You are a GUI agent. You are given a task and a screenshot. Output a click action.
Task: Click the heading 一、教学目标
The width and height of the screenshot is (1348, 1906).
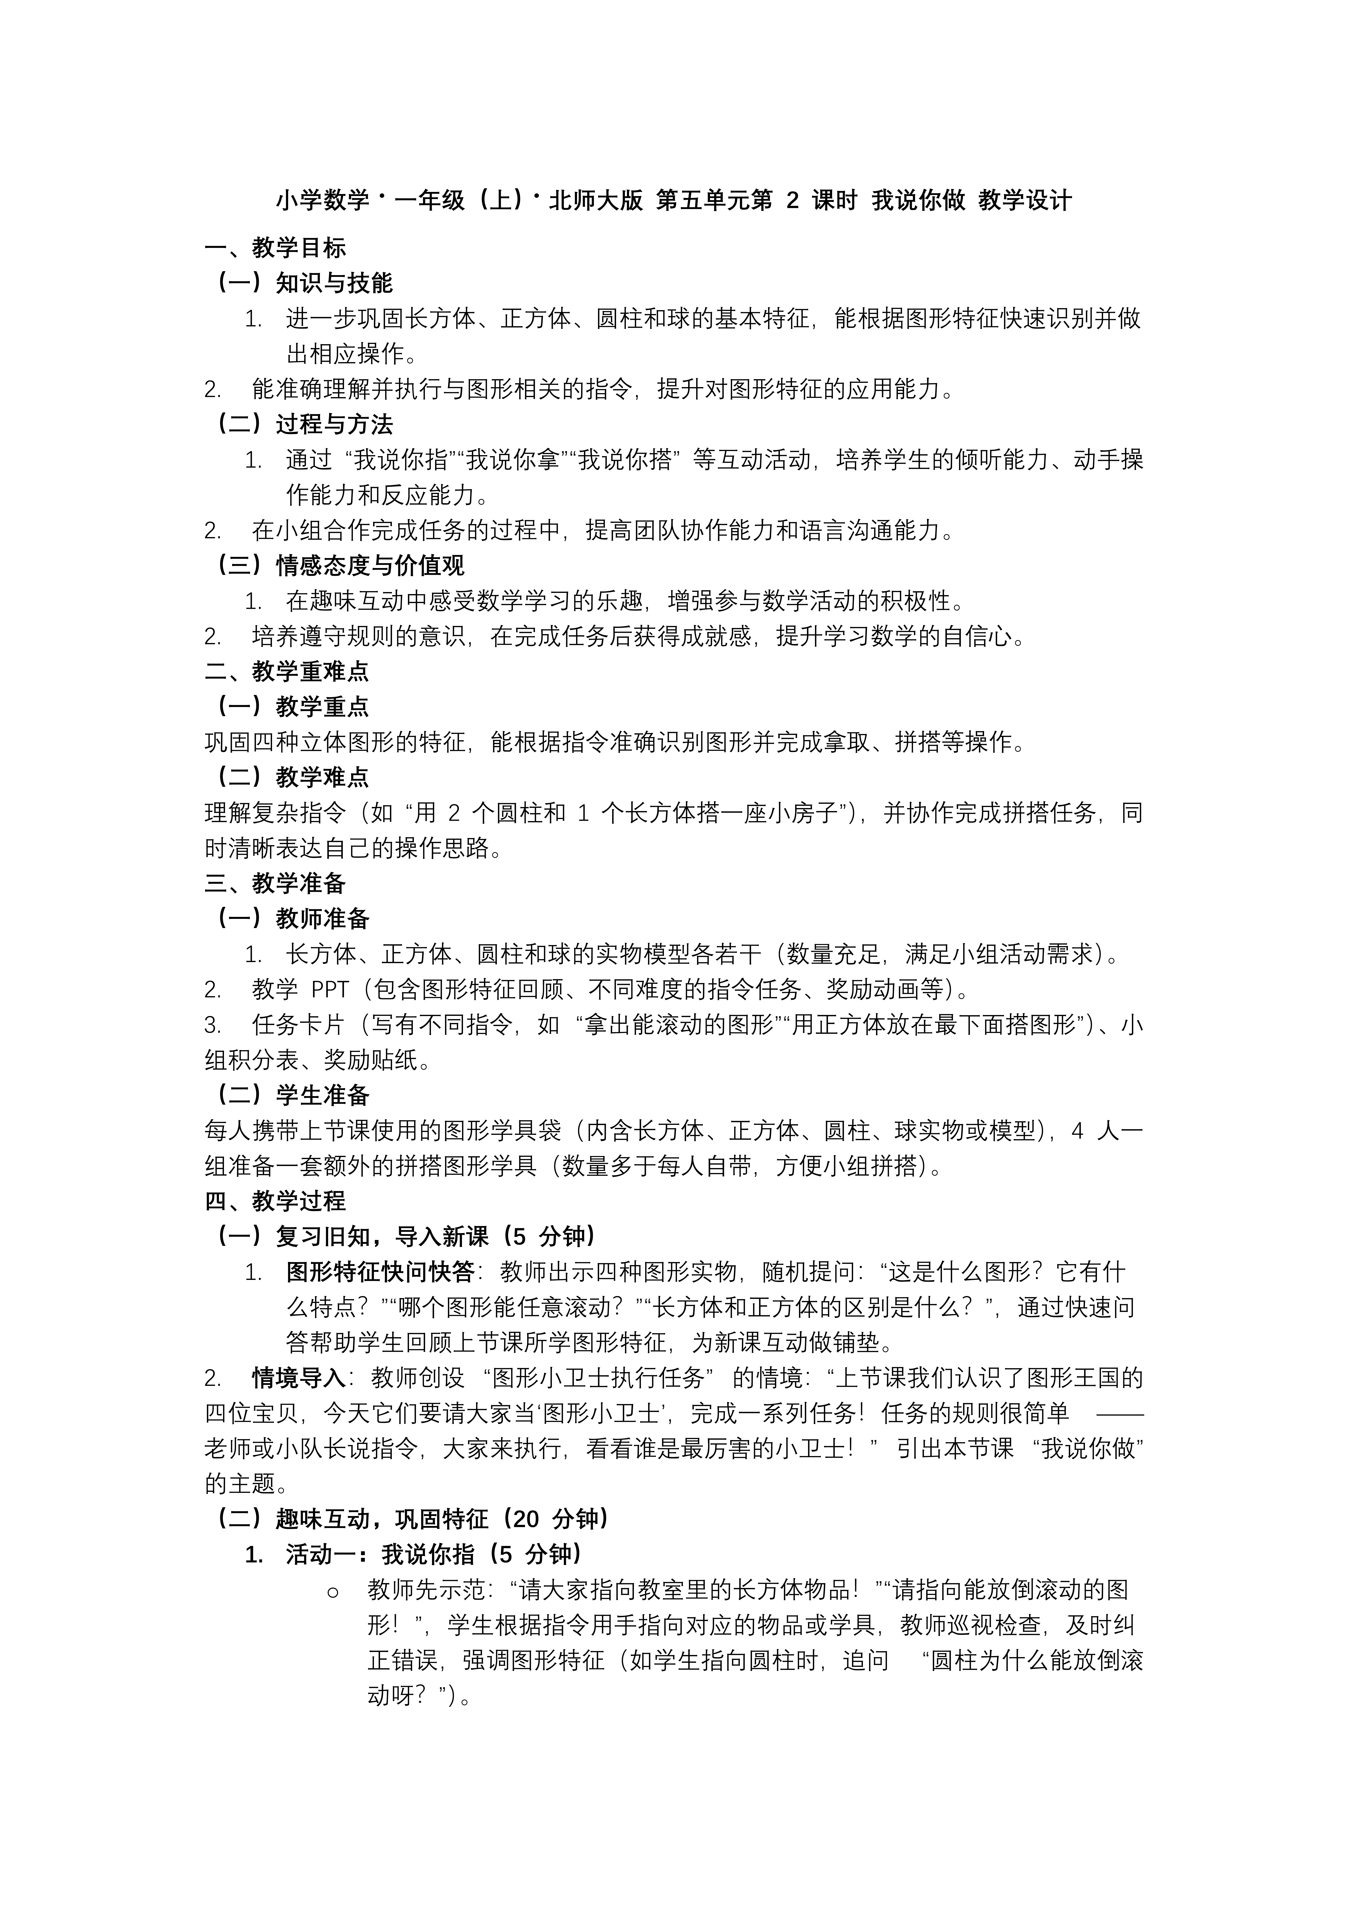click(276, 247)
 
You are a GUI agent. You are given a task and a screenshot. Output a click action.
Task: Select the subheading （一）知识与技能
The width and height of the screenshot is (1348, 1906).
click(304, 283)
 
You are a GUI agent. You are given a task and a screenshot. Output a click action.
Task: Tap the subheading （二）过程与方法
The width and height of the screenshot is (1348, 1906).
click(304, 424)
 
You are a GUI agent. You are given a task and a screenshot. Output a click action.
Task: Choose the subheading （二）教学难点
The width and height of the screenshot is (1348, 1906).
click(292, 777)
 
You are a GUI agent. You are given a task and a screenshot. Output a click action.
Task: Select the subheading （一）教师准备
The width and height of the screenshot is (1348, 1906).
click(292, 918)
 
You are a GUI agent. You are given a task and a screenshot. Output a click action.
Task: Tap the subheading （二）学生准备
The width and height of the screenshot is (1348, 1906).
click(292, 1095)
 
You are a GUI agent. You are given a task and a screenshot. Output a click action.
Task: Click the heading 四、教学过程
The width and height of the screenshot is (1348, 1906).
click(276, 1200)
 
